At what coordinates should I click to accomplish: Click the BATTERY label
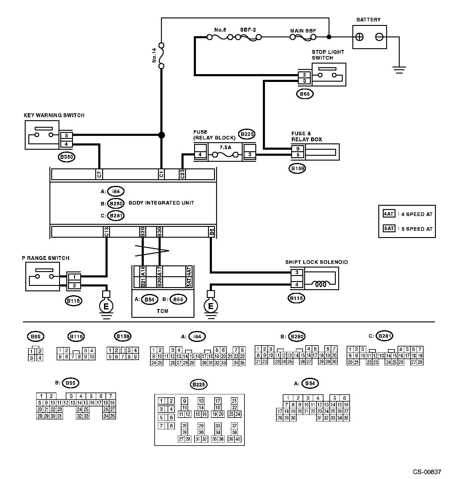pos(368,20)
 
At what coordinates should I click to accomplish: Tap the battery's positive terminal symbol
pos(359,37)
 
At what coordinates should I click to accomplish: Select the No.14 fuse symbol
pos(162,56)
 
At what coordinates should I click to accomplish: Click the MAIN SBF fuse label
pos(303,31)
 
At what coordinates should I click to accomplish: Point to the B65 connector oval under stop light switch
pos(305,94)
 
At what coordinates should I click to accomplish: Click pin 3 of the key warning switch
pos(67,136)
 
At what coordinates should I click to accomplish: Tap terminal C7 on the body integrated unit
pos(99,174)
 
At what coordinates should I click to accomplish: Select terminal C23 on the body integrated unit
pos(182,174)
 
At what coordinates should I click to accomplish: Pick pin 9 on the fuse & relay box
pos(298,149)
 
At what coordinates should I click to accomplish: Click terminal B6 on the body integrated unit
pos(212,232)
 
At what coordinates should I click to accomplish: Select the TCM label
pos(162,311)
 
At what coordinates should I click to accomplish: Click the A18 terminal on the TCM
pos(143,271)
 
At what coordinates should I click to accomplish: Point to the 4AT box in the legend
pos(389,214)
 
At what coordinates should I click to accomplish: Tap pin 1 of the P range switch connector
pos(74,277)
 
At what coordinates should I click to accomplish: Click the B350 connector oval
pos(67,157)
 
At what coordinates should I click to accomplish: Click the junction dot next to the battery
pos(329,37)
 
